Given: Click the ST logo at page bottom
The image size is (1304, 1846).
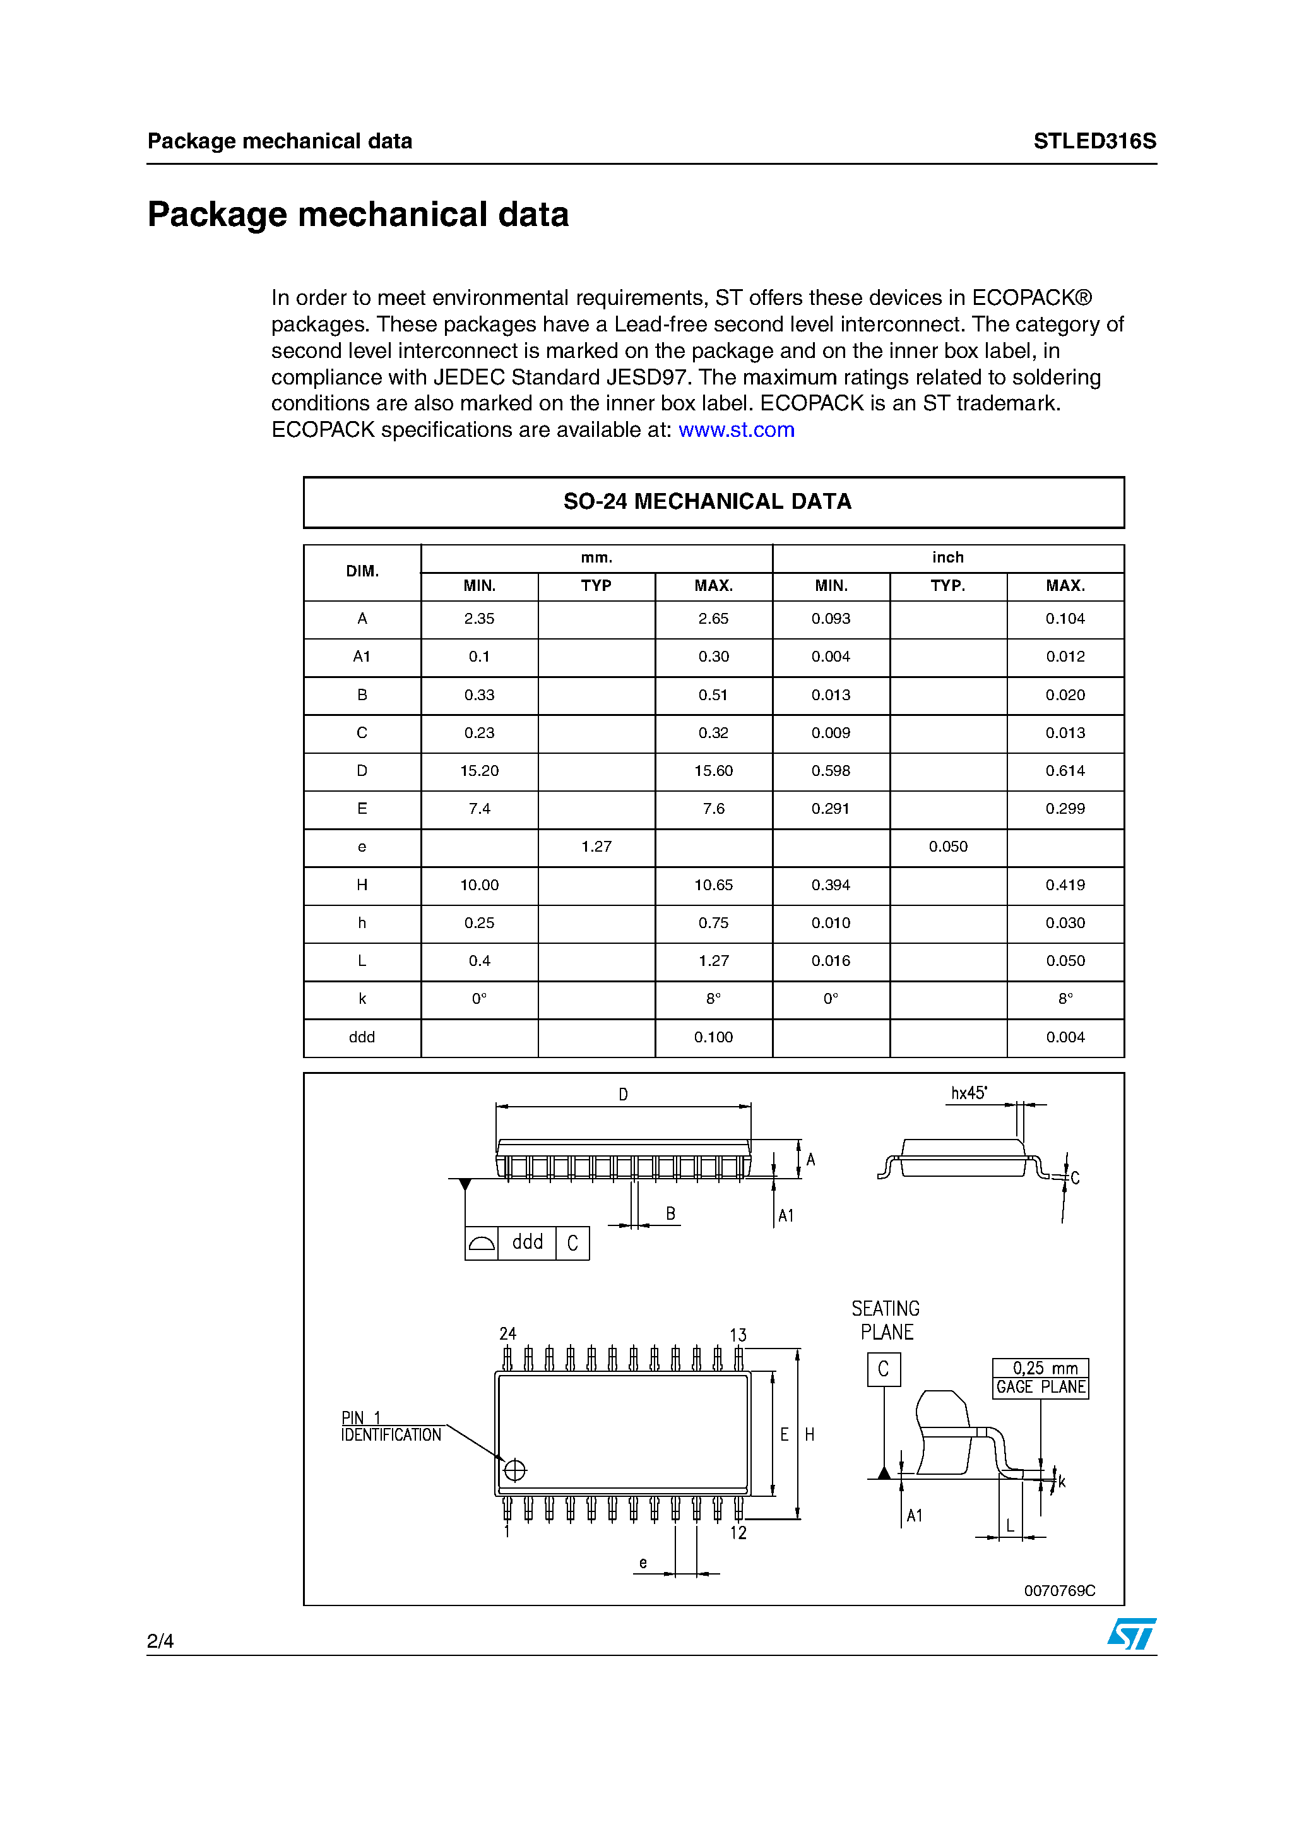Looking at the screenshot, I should click(1131, 1634).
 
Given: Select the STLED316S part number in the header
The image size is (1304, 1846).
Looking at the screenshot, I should click(1094, 141).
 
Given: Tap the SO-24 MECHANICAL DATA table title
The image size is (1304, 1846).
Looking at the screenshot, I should click(707, 502).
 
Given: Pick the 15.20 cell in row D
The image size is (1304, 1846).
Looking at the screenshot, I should click(479, 771).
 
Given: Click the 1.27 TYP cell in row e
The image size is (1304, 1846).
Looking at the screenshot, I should click(596, 847).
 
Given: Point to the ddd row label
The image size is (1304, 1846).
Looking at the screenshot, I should click(362, 1037).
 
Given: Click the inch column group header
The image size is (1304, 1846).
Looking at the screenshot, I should click(948, 558).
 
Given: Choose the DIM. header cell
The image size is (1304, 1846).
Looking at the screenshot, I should click(362, 571).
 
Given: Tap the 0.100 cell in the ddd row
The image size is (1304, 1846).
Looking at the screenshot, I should click(713, 1037).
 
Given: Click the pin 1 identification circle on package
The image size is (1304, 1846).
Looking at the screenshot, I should click(514, 1470).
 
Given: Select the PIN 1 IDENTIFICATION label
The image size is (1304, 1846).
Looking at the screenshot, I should click(391, 1427).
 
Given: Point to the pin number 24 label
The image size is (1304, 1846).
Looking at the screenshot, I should click(507, 1334).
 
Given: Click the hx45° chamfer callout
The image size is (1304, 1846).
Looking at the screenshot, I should click(969, 1093).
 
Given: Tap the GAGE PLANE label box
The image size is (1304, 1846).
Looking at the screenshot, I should click(1040, 1387).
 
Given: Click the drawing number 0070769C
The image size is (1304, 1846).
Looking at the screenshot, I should click(1059, 1590).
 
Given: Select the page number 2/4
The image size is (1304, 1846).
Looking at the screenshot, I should click(160, 1641).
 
